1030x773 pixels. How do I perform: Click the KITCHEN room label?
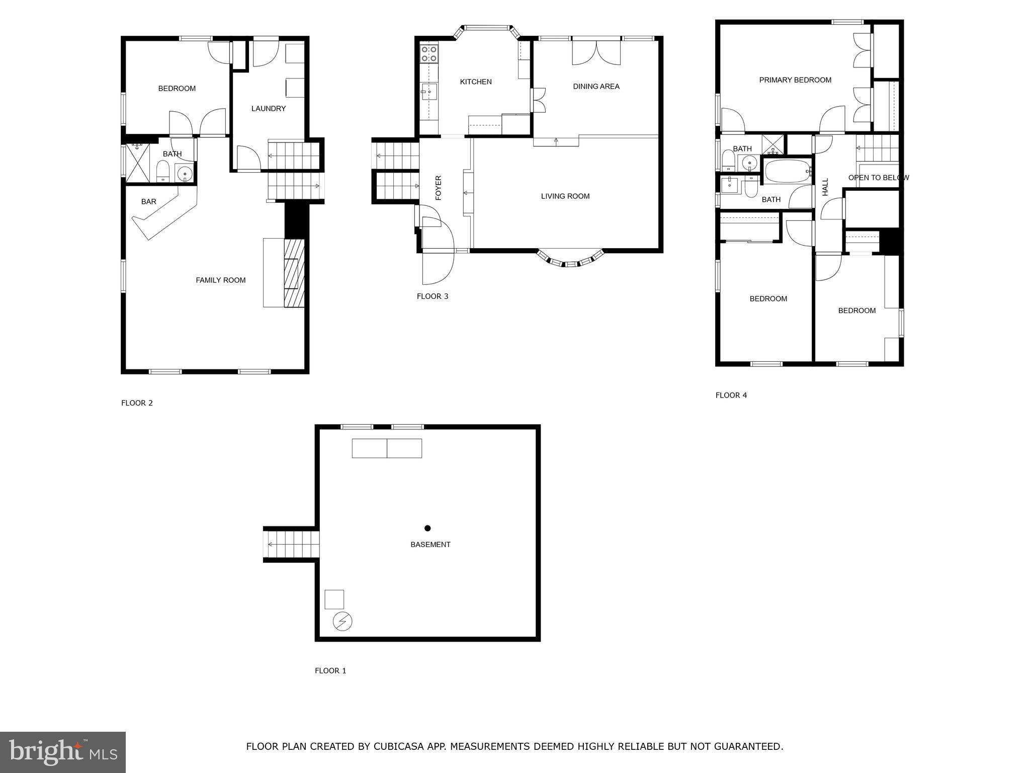475,82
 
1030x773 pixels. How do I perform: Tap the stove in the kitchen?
429,54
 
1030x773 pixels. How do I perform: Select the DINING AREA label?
596,87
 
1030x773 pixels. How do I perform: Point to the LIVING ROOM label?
565,196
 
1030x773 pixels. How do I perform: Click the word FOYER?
438,188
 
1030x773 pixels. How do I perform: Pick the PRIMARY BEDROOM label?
795,80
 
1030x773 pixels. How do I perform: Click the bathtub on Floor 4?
786,172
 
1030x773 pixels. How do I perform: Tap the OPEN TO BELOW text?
878,178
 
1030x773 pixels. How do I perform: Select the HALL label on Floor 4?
825,187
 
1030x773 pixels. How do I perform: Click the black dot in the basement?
427,528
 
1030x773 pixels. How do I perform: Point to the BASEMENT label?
430,545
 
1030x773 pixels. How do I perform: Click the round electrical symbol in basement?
342,622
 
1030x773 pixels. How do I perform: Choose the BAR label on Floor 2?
148,202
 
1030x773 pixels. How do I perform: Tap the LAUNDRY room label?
268,109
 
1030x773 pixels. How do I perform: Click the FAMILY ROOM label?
220,280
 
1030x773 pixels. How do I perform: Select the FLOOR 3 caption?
432,296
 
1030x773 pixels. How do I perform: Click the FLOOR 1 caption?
330,671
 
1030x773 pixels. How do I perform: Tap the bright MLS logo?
62,752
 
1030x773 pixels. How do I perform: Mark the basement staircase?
292,544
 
